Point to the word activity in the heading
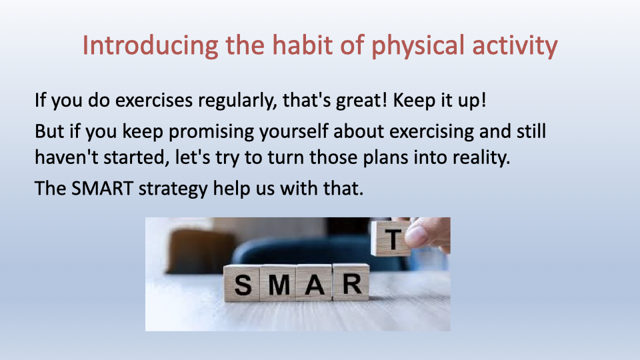515,46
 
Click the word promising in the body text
211,132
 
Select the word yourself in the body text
294,132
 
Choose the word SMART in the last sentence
102,189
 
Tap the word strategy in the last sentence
173,189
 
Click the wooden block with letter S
242,283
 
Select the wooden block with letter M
279,283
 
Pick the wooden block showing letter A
314,283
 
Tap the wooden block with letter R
351,282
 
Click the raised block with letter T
391,239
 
